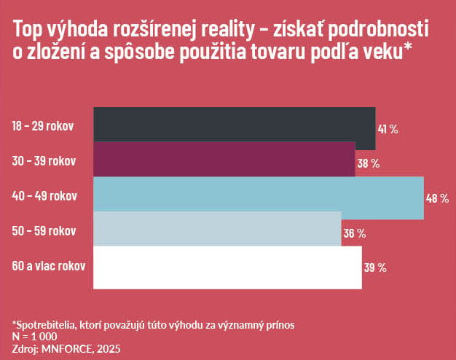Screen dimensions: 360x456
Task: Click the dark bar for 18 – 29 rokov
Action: [x=234, y=124]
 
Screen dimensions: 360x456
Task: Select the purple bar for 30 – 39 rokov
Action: [x=224, y=160]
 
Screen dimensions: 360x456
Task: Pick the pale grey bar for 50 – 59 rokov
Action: [x=217, y=230]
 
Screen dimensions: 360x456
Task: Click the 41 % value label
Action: [x=388, y=129]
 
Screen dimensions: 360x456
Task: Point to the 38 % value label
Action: [x=368, y=164]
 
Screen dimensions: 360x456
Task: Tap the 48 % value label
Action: [x=437, y=199]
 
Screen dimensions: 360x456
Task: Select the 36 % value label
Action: [x=354, y=234]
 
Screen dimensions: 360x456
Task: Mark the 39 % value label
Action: [x=374, y=268]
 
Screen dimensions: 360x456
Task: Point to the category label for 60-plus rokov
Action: [x=48, y=266]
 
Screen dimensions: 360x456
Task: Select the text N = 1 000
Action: [x=34, y=337]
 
